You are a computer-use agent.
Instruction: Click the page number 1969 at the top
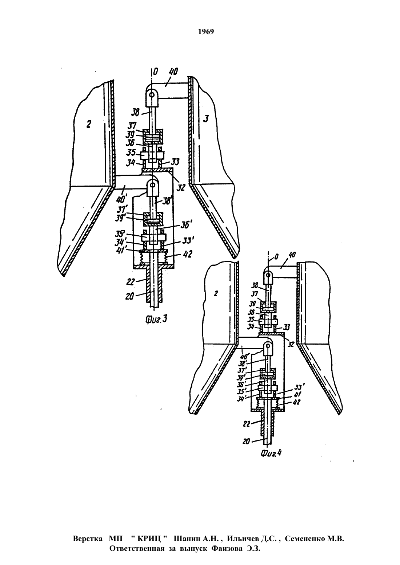tap(206, 32)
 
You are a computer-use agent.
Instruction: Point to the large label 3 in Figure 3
tap(206, 118)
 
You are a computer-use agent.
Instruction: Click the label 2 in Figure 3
tap(88, 124)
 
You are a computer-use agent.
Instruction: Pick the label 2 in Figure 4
tap(216, 294)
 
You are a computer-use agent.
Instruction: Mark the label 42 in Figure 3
tap(187, 254)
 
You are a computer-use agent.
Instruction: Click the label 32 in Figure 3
tap(181, 187)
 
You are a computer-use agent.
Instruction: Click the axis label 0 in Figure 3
tap(155, 72)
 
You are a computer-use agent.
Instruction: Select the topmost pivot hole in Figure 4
tap(268, 273)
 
